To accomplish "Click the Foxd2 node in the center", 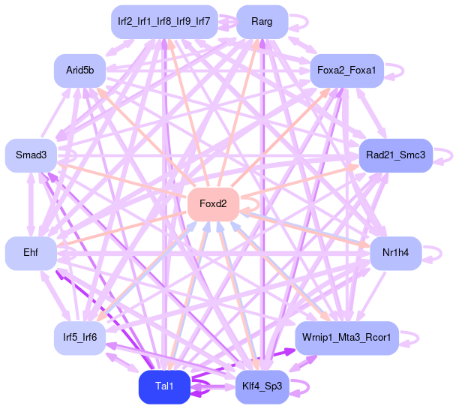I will (213, 203).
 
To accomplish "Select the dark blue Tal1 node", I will (164, 386).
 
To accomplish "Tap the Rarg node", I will (262, 22).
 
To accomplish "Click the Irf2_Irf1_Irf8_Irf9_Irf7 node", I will (164, 22).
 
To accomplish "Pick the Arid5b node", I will (79, 70).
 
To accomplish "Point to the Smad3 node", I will (31, 155).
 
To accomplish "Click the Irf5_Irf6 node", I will (79, 338).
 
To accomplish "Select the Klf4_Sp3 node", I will (262, 386).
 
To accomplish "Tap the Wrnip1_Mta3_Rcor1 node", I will (346, 338).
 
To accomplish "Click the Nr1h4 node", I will (395, 253).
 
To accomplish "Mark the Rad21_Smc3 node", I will (395, 155).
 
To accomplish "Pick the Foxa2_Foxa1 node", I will (346, 70).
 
